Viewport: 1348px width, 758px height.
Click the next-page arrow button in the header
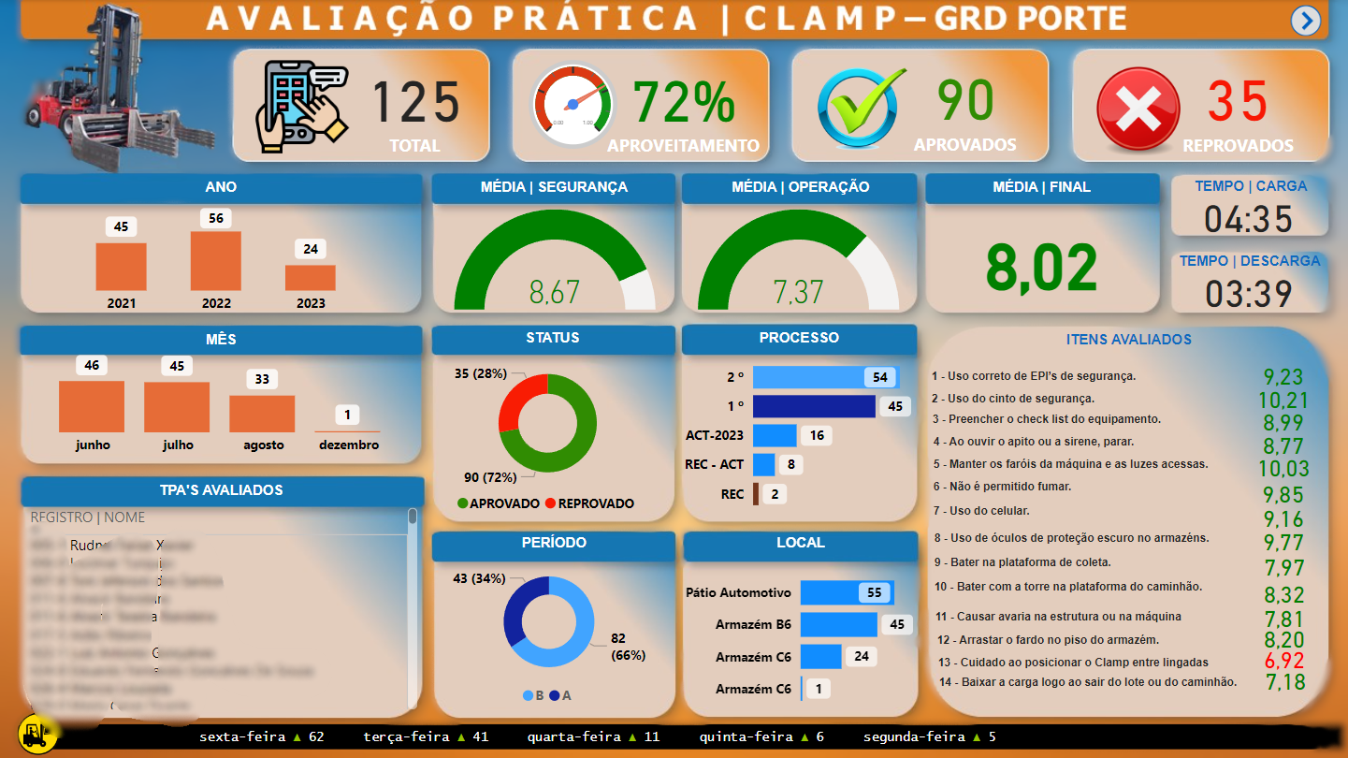(x=1305, y=21)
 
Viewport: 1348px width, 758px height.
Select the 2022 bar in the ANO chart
(x=215, y=261)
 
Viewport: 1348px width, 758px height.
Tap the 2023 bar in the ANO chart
(x=311, y=278)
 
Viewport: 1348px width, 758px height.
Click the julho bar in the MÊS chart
(x=177, y=407)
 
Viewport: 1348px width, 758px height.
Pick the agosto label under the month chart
(x=263, y=445)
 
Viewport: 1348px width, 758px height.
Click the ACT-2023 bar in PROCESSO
(x=775, y=436)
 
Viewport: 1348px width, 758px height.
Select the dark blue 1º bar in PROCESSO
(x=814, y=406)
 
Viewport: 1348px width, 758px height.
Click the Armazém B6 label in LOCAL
(x=753, y=625)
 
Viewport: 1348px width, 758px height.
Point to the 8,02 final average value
(x=1042, y=269)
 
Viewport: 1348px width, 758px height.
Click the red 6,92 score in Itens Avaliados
(x=1283, y=661)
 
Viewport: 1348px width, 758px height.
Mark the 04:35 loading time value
(x=1248, y=219)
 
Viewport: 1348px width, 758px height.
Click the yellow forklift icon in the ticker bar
(x=37, y=735)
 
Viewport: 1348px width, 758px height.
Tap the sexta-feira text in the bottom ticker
(x=241, y=737)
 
